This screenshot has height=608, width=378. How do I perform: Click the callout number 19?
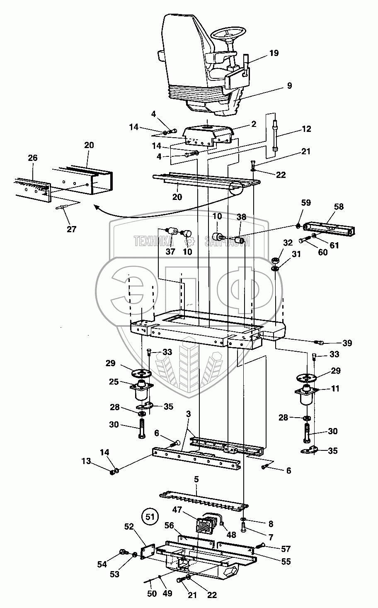[x=274, y=53]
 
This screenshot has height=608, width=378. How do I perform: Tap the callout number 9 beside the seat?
[x=289, y=86]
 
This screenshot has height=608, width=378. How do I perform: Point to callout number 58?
[x=339, y=207]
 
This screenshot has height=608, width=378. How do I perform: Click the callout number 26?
[x=32, y=158]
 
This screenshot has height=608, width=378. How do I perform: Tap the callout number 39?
[x=347, y=343]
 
